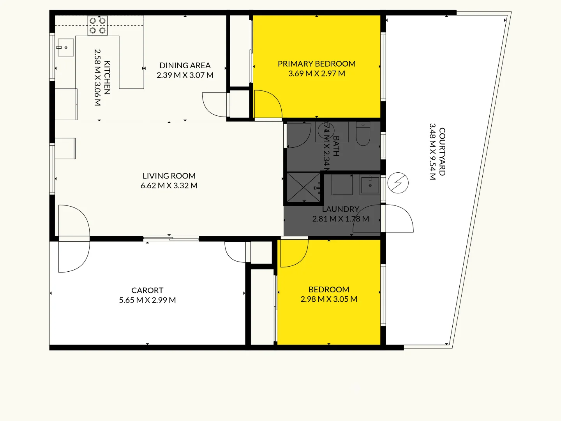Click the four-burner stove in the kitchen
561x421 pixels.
(97, 26)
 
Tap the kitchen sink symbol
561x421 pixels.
(66, 47)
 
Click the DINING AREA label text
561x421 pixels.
(185, 65)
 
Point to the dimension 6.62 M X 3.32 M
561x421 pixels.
(169, 186)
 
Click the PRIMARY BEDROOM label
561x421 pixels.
(316, 64)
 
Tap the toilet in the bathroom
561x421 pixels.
(363, 134)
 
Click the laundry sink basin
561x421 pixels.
(370, 185)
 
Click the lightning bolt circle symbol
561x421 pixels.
(398, 183)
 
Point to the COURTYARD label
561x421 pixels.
(442, 152)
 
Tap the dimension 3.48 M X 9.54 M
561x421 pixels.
(432, 152)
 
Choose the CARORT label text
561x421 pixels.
(147, 290)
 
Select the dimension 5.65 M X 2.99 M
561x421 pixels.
(147, 300)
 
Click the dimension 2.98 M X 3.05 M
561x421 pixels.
(329, 299)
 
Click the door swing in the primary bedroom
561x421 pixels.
(267, 104)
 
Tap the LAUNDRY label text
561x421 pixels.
(340, 209)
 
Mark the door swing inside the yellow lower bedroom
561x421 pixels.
(293, 253)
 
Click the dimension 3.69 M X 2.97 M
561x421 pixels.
(316, 73)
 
